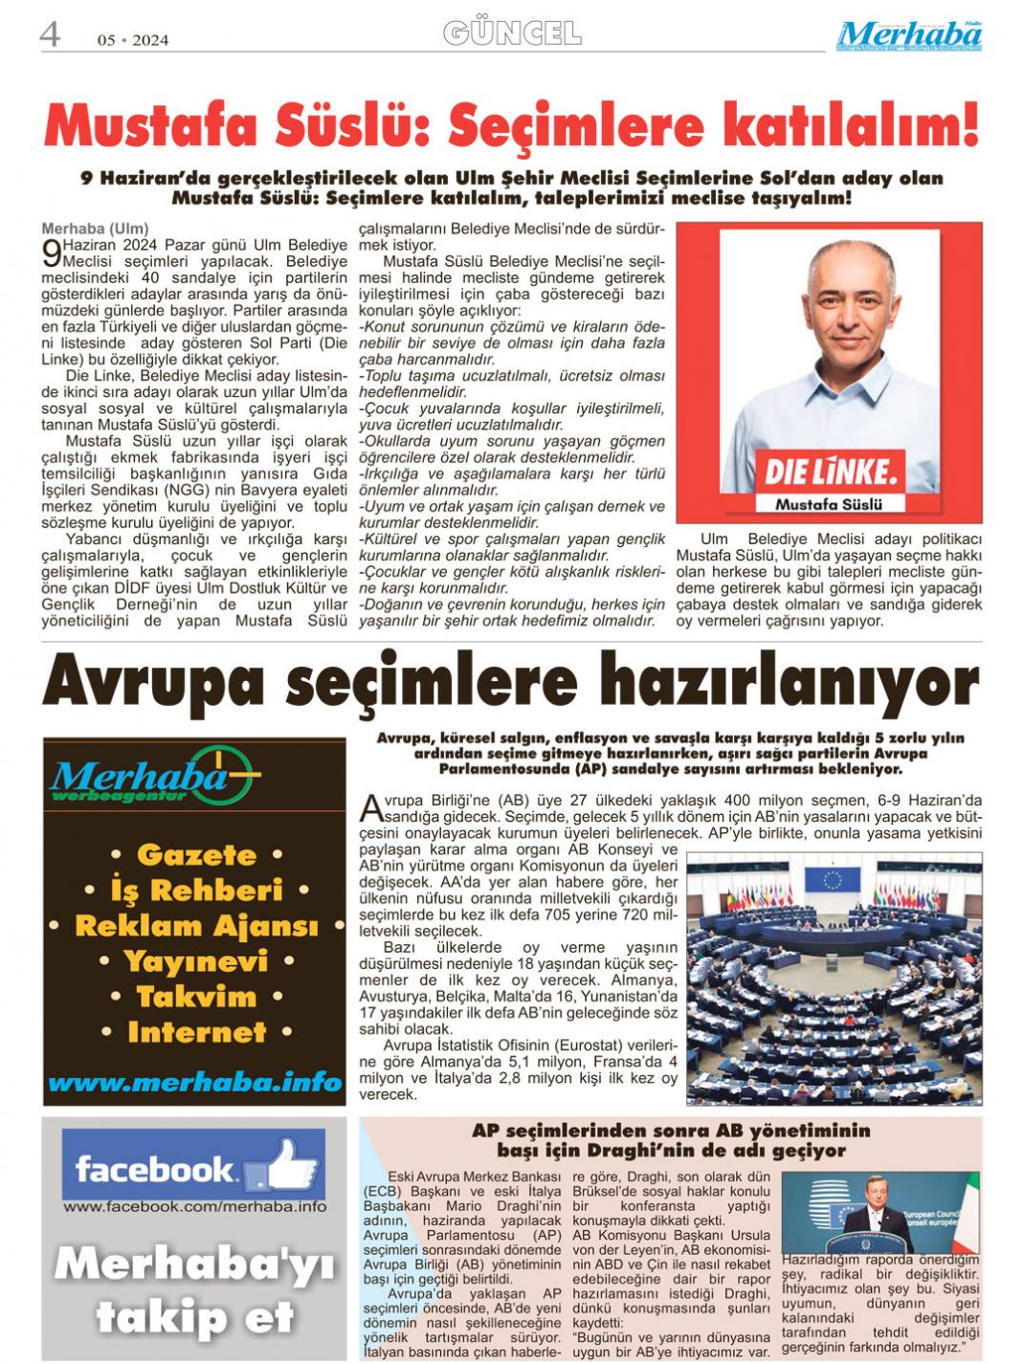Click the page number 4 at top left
coord(50,34)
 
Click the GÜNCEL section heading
coord(512,34)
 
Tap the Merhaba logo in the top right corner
coord(908,35)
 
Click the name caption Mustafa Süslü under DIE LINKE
coord(829,503)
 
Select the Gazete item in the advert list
coord(196,854)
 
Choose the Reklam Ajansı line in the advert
coord(196,926)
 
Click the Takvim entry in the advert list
coord(196,997)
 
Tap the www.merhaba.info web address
coord(195,1083)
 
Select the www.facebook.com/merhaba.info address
coord(195,1207)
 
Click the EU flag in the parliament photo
coord(831,878)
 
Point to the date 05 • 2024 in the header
coord(133,40)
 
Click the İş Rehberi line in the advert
coord(196,891)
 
